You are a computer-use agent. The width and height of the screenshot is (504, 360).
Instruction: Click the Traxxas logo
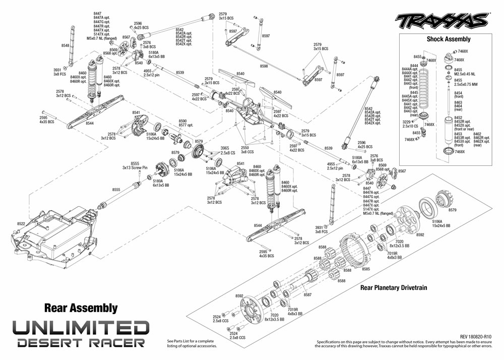coord(442,21)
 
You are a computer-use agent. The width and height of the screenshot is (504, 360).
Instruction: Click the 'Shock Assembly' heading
coord(448,39)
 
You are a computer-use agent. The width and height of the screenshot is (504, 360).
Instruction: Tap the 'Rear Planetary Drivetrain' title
coord(394,288)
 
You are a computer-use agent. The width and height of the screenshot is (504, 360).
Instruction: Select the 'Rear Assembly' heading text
coord(81,308)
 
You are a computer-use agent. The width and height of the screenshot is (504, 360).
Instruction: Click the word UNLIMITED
coord(81,328)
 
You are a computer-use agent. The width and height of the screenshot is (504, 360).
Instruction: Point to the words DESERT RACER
coord(81,343)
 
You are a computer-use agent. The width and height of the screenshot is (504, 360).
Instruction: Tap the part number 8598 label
coord(264,66)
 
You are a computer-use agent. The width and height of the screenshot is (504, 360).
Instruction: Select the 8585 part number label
coord(366,269)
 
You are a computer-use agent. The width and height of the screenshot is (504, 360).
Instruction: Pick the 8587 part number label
coord(307,294)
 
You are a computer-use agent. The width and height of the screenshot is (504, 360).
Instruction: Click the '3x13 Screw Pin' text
coord(135,168)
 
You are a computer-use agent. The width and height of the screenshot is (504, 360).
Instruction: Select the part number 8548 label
coord(65,46)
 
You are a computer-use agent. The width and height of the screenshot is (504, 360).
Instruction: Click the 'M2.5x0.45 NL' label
coord(466,74)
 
